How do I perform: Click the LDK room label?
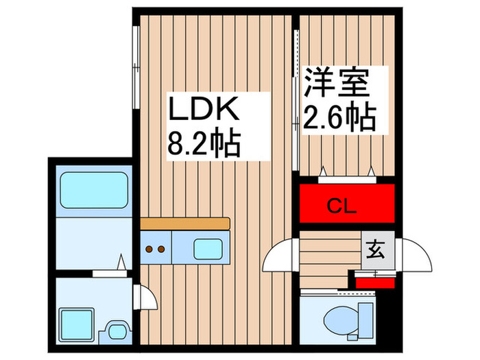coord(203,110)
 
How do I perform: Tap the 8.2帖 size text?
coord(203,144)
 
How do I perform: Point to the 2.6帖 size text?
coord(339,118)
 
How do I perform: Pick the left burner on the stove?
coord(150,250)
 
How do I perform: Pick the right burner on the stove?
coord(163,250)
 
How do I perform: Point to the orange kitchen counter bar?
coord(185,224)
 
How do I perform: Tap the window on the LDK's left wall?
coord(136,67)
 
